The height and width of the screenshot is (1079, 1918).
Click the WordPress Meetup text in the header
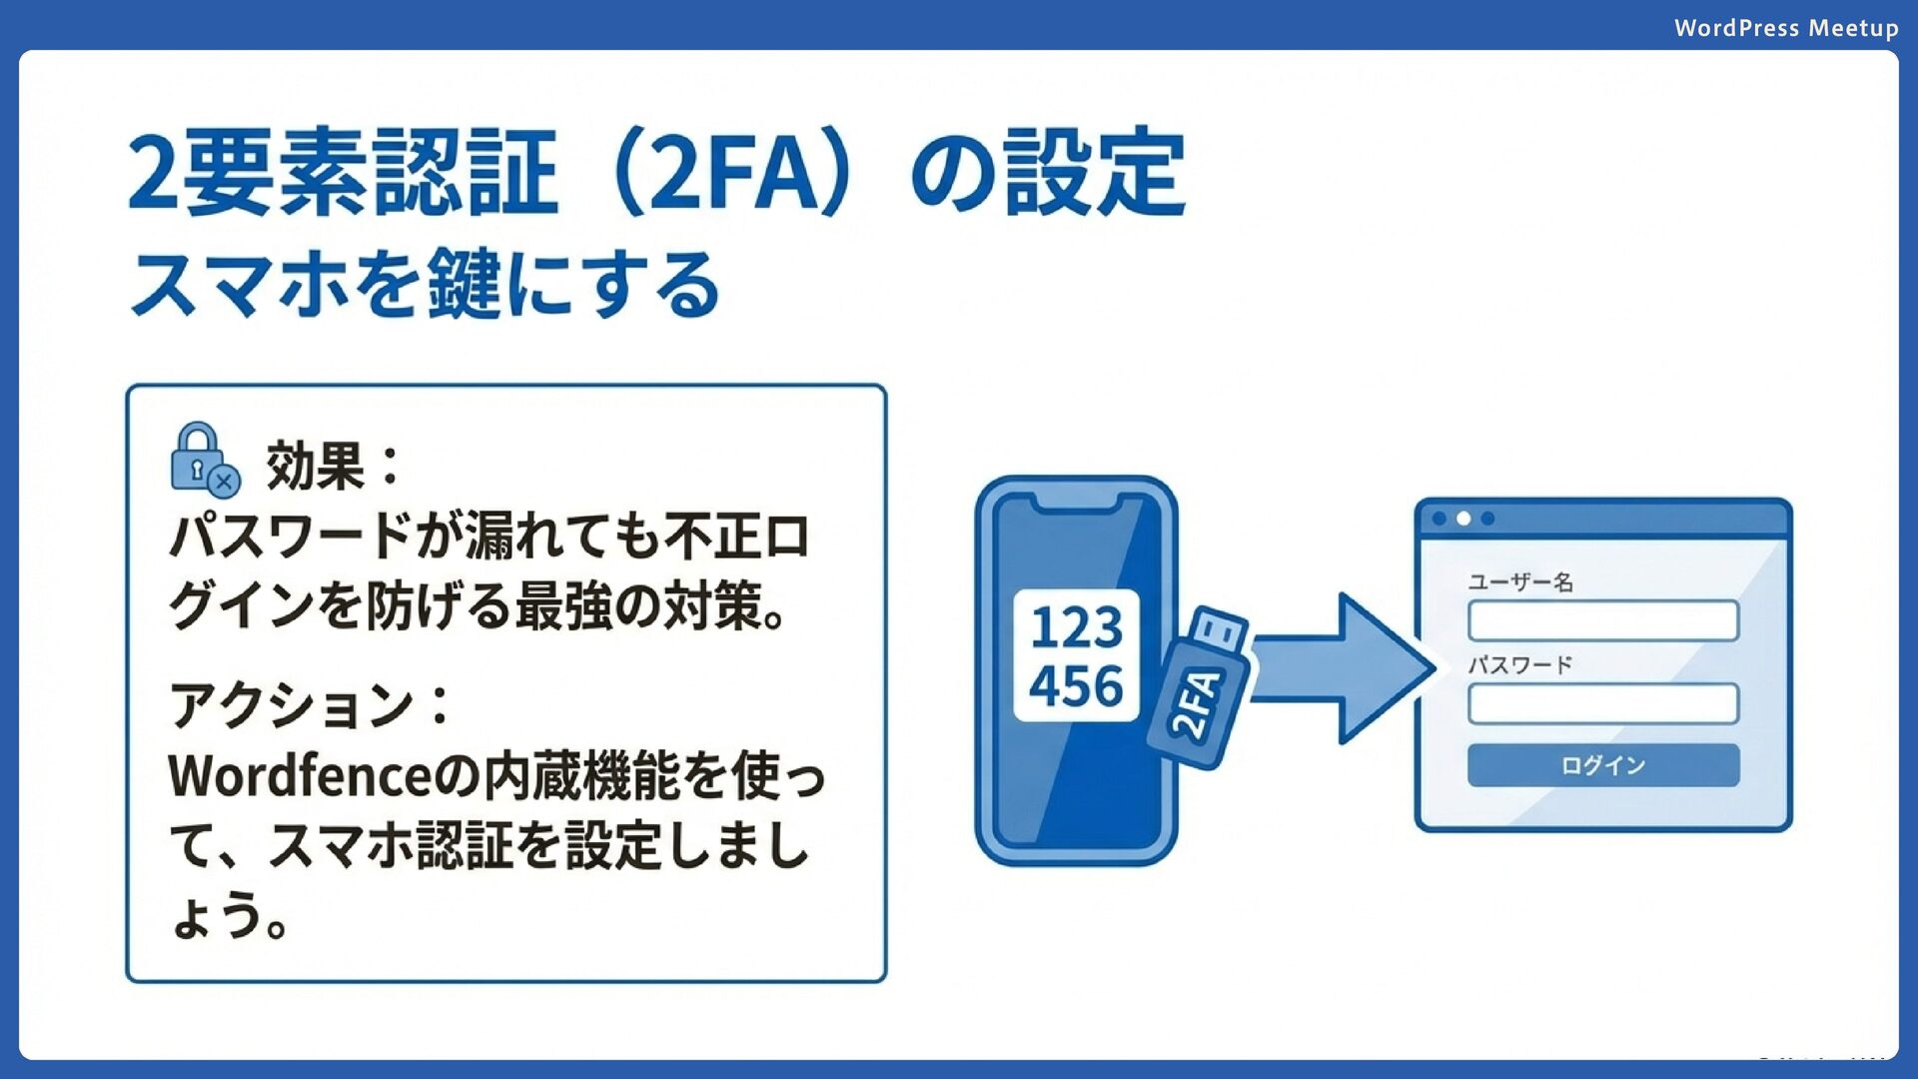click(1785, 28)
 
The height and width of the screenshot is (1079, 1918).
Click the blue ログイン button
click(1602, 765)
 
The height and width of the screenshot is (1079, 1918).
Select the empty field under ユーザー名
click(1602, 620)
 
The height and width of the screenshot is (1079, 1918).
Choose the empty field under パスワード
click(1602, 703)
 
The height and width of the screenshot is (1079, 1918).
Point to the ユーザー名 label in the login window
click(1519, 582)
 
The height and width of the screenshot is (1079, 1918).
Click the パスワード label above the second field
click(1519, 665)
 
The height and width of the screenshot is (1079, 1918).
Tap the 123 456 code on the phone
click(1076, 655)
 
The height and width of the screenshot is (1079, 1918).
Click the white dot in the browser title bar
click(1463, 519)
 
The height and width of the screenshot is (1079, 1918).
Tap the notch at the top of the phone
click(1075, 503)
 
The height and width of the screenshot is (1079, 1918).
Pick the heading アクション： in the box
click(310, 705)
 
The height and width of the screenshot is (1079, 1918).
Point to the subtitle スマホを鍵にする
click(425, 285)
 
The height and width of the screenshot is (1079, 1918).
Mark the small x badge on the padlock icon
click(225, 483)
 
